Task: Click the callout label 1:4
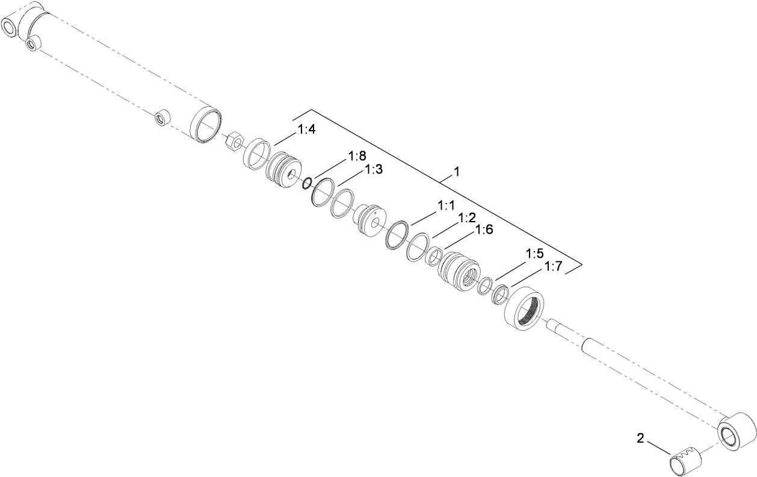[x=306, y=129]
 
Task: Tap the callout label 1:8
[x=357, y=157]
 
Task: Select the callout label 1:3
[x=373, y=170]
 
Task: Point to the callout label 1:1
[x=446, y=206]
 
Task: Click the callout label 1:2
[x=467, y=217]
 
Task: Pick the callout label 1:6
[x=484, y=229]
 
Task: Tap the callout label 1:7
[x=553, y=266]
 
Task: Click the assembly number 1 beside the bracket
[x=457, y=172]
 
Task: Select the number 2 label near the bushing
[x=641, y=438]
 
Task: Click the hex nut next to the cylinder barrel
[x=234, y=143]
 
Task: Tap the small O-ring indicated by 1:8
[x=307, y=182]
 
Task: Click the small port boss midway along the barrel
[x=161, y=117]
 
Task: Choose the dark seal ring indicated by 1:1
[x=397, y=234]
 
